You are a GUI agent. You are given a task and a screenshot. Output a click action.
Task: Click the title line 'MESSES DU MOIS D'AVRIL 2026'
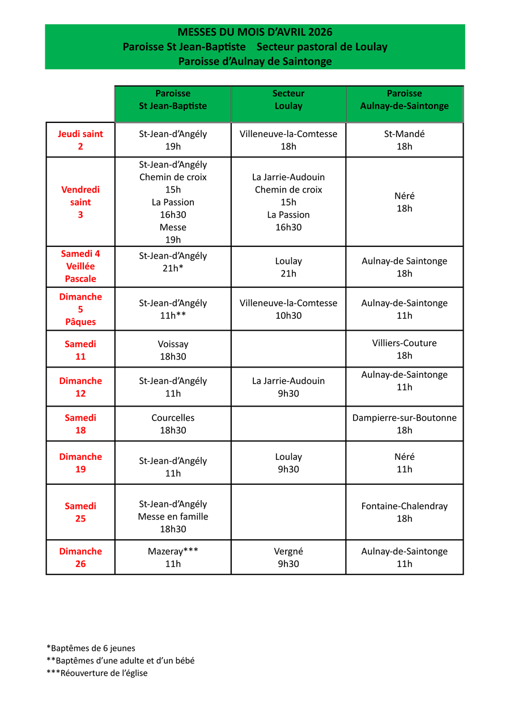coord(255,32)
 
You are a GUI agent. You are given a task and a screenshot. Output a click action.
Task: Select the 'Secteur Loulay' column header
coord(288,100)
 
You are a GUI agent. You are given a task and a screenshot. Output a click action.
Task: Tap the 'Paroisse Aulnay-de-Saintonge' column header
coord(405,100)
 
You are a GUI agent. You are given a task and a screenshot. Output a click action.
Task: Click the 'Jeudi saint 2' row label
coord(80,140)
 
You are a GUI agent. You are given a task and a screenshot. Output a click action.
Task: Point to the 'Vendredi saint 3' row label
coord(80,202)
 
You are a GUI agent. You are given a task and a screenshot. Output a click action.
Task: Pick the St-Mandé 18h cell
coord(405,140)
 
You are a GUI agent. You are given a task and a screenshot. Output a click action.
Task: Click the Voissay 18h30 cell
coord(173,350)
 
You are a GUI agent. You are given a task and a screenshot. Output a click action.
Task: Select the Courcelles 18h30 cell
coord(173,424)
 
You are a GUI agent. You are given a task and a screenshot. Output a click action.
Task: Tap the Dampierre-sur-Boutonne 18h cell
coord(405,424)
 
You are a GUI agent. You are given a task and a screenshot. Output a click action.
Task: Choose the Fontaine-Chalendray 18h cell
coord(405,512)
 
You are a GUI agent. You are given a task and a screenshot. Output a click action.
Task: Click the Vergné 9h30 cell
coord(288,557)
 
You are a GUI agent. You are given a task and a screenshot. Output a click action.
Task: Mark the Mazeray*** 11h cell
coord(173,557)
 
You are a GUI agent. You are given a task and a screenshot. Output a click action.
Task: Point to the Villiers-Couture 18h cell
coord(405,349)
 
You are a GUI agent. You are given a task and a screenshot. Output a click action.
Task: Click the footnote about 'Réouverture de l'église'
coord(97,673)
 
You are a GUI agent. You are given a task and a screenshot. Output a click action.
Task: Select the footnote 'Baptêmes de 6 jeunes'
coord(91,648)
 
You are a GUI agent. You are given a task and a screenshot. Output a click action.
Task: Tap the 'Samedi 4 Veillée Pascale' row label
coord(80,266)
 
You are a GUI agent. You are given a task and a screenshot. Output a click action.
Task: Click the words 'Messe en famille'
coord(173,517)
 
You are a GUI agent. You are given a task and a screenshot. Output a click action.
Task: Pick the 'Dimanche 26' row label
coord(80,557)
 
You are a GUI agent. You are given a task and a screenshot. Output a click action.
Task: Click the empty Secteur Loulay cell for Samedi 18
coord(288,424)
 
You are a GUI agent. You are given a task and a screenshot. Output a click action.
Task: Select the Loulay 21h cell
coord(288,267)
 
